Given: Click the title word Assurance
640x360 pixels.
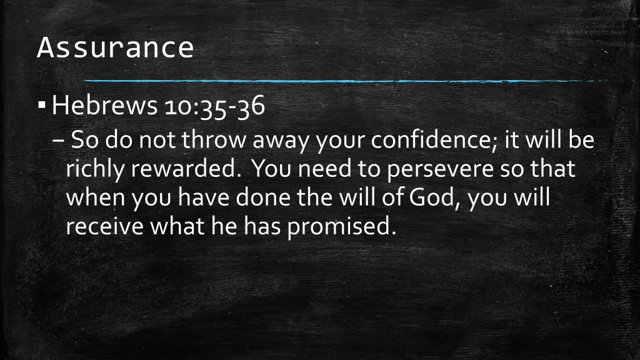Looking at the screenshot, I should tap(115, 47).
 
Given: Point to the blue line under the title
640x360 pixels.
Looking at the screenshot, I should tap(337, 81).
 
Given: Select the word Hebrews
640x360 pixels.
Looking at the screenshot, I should tap(104, 107).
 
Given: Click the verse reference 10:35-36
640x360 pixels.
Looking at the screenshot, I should tap(215, 107).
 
